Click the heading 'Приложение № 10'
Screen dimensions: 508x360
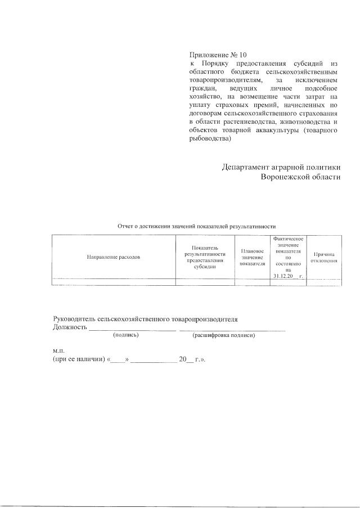[218, 55]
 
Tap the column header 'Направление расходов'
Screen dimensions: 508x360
[113, 257]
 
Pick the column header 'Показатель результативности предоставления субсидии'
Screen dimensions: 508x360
[205, 257]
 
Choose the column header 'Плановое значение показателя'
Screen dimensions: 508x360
[252, 257]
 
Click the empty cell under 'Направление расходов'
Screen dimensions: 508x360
[113, 282]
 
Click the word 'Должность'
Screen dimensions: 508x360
[70, 327]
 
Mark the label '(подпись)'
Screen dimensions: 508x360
[126, 335]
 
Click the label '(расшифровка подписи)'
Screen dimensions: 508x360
[224, 335]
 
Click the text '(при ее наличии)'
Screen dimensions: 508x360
[78, 360]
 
